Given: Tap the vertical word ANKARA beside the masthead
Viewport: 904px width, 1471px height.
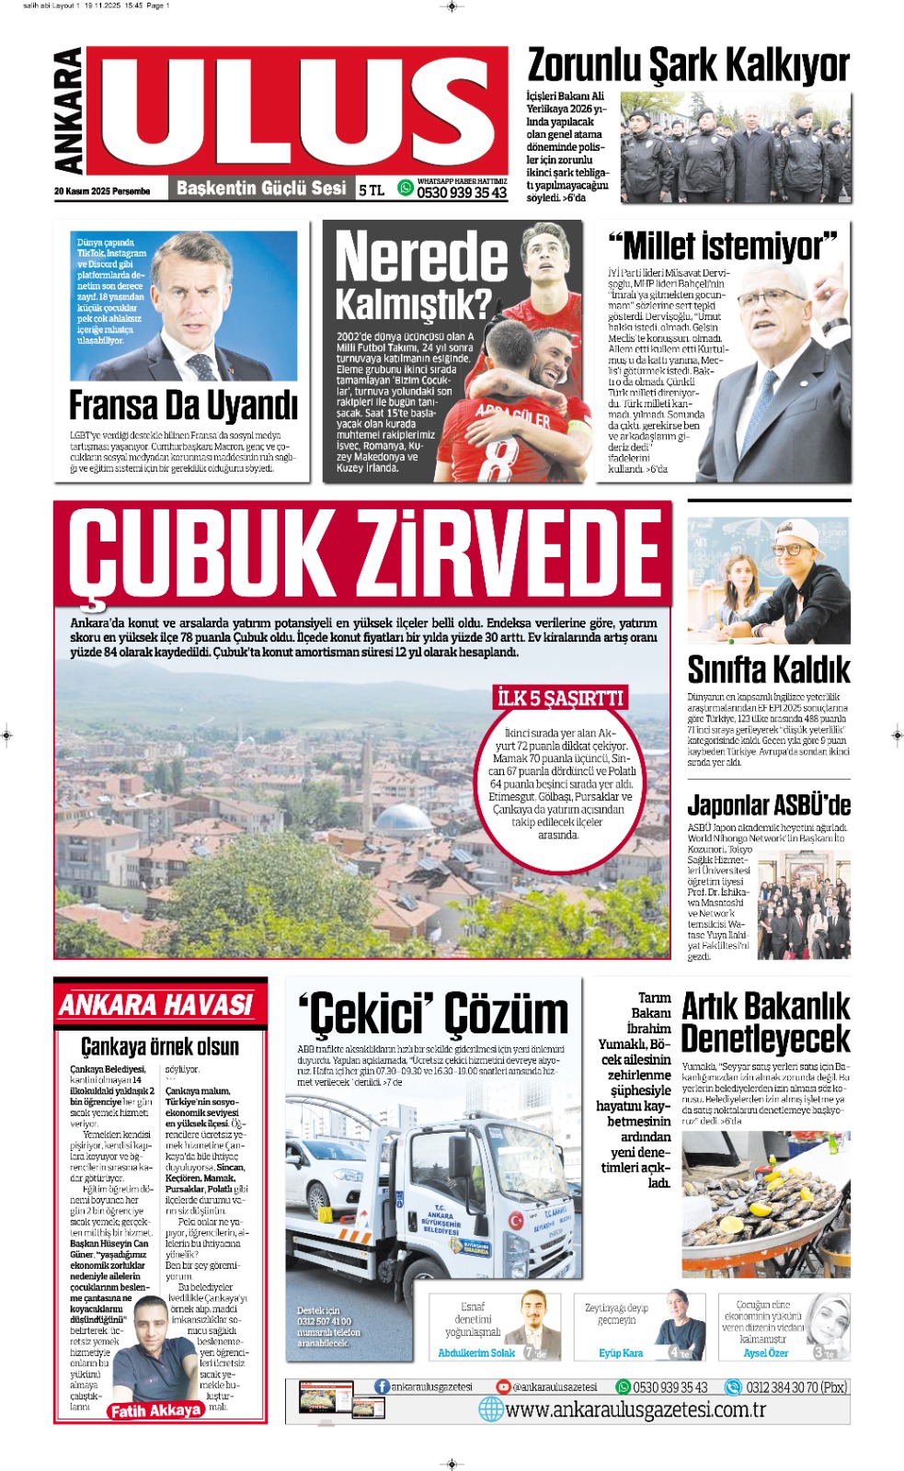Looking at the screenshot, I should (69, 111).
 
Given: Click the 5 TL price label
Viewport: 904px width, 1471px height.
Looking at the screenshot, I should (372, 190).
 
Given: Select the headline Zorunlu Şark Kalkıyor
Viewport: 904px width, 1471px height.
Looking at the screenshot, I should (688, 65).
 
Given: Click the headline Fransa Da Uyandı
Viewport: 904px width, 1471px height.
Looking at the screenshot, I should (183, 405).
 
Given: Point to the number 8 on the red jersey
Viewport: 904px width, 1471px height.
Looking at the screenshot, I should (497, 459).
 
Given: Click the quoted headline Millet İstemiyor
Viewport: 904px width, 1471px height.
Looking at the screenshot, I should (722, 246).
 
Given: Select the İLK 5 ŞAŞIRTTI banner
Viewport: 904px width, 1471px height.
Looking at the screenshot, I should (560, 698).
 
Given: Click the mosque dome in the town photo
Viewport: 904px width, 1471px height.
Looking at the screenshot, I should (405, 817).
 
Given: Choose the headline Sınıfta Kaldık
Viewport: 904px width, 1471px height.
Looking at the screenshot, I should (768, 669).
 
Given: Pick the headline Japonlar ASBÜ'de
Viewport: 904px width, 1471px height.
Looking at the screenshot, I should (768, 805).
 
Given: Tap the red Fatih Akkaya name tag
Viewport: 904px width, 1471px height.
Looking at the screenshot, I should (154, 1410).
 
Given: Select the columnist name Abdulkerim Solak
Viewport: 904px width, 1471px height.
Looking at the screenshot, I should (476, 1353).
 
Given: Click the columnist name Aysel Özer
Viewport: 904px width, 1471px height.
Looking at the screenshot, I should (765, 1353).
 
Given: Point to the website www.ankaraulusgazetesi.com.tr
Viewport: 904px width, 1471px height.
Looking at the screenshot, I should (635, 1409).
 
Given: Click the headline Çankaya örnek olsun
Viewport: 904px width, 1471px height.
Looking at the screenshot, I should (160, 1046).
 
